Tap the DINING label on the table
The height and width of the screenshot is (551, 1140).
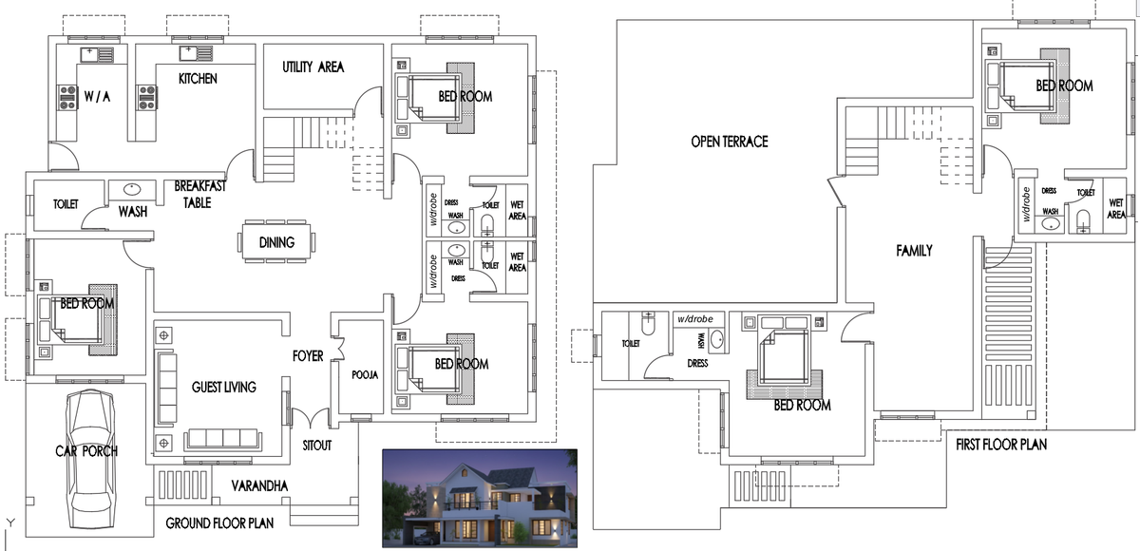(x=276, y=242)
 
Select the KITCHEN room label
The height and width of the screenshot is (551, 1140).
(x=198, y=78)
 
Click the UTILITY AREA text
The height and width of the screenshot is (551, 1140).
(x=313, y=67)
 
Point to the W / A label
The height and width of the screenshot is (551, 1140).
(x=97, y=96)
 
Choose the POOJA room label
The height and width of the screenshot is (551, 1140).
(x=364, y=375)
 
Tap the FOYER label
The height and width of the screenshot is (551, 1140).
(x=308, y=356)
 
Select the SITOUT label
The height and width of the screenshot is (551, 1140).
(x=316, y=445)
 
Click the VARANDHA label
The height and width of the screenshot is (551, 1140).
(x=259, y=485)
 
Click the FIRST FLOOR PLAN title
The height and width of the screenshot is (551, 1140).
(x=1001, y=445)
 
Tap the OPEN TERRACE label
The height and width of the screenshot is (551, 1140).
(x=729, y=142)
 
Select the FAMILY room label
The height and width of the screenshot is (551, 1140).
(x=914, y=251)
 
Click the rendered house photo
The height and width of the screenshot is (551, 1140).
(x=479, y=498)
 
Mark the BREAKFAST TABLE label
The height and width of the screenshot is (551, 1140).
(x=199, y=194)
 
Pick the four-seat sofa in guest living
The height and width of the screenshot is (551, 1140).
(x=222, y=438)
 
